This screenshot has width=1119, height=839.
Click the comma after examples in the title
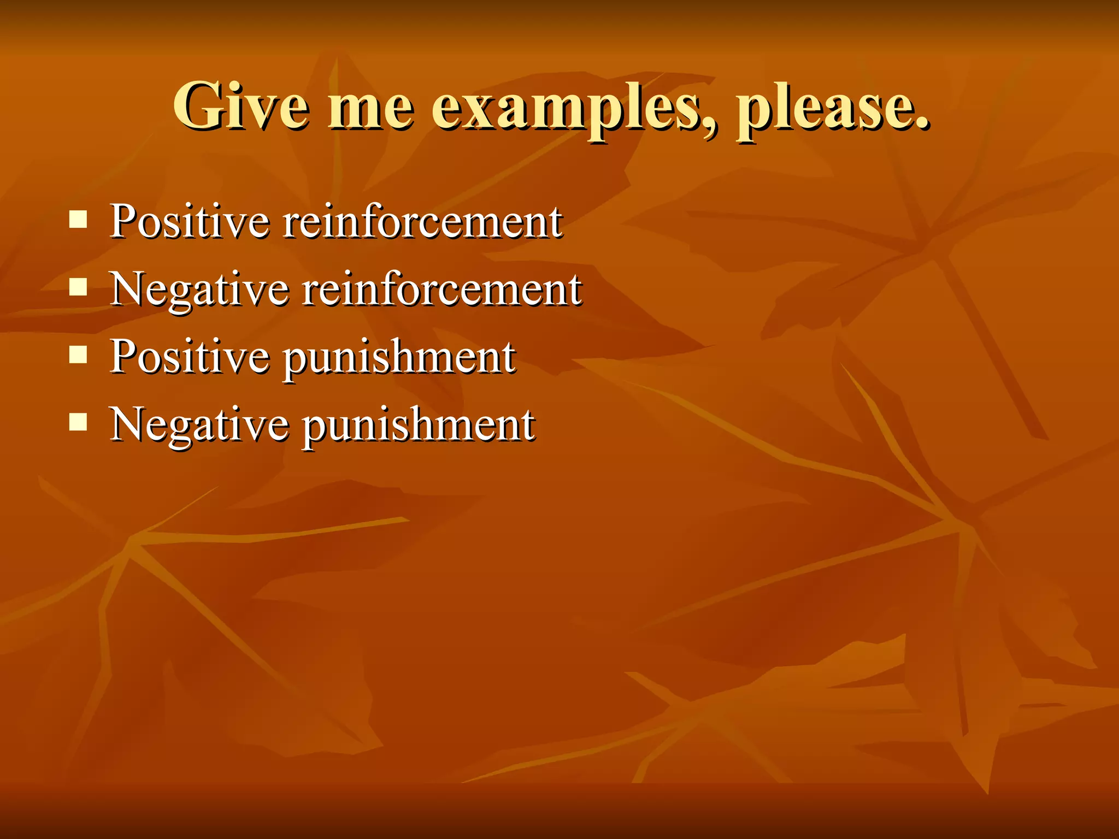[709, 128]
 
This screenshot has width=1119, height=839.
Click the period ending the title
[922, 123]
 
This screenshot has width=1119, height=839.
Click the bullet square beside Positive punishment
[79, 355]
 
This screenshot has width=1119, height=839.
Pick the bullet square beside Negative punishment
[79, 422]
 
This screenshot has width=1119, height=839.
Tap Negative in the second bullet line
[199, 291]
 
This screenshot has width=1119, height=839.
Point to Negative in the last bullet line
[199, 426]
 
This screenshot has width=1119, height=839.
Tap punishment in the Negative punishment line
[419, 427]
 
